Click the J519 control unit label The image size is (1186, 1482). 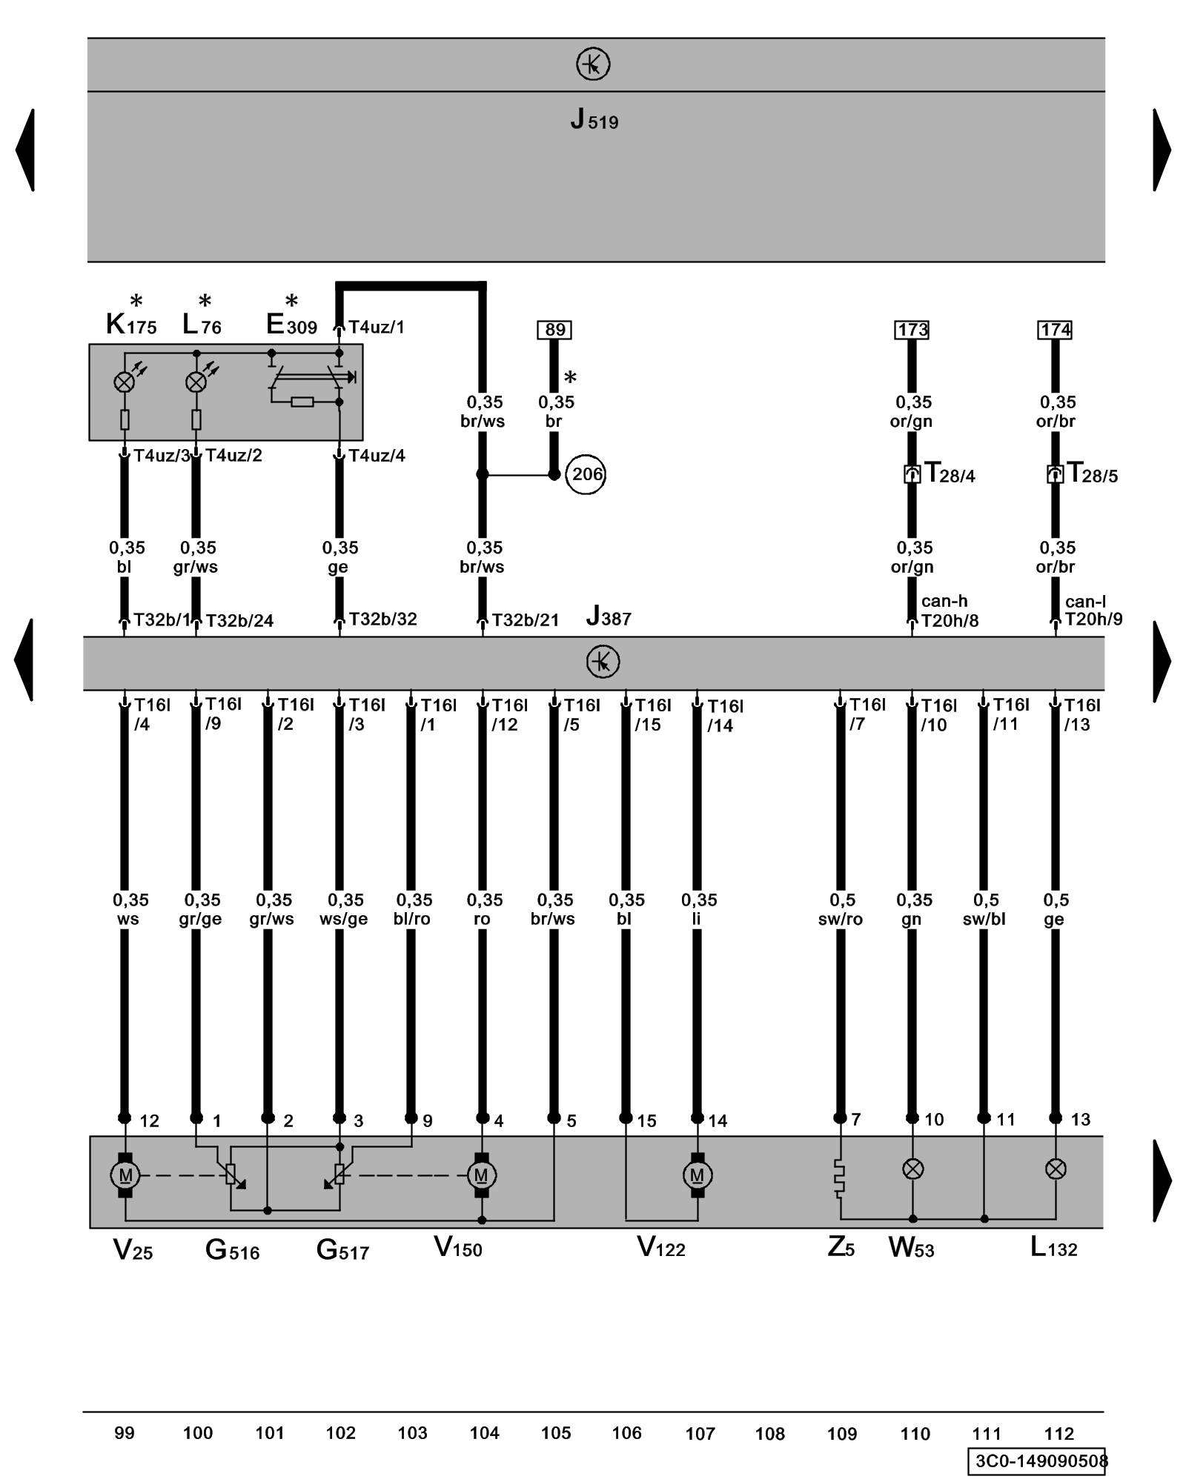click(x=594, y=119)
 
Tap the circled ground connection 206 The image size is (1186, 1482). click(x=586, y=474)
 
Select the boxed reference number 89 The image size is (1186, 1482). click(x=554, y=330)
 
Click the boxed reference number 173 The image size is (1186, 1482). click(x=912, y=330)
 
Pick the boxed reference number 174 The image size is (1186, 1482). click(x=1055, y=330)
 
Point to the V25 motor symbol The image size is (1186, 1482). click(x=125, y=1175)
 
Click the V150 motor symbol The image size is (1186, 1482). click(x=482, y=1175)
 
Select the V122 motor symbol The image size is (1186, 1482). click(x=697, y=1175)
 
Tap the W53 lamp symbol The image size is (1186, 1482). click(x=912, y=1169)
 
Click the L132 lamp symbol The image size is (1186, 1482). click(x=1056, y=1169)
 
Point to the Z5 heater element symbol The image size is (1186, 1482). click(x=840, y=1178)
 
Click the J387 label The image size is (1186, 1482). click(x=609, y=617)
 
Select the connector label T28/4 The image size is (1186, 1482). click(x=950, y=473)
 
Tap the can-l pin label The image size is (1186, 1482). click(x=1084, y=602)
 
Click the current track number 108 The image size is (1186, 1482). click(x=769, y=1434)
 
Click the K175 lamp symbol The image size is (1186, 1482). click(x=124, y=382)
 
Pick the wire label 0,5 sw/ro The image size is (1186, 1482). click(x=841, y=909)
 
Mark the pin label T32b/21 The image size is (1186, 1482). click(x=525, y=620)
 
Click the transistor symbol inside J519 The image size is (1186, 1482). click(x=593, y=64)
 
